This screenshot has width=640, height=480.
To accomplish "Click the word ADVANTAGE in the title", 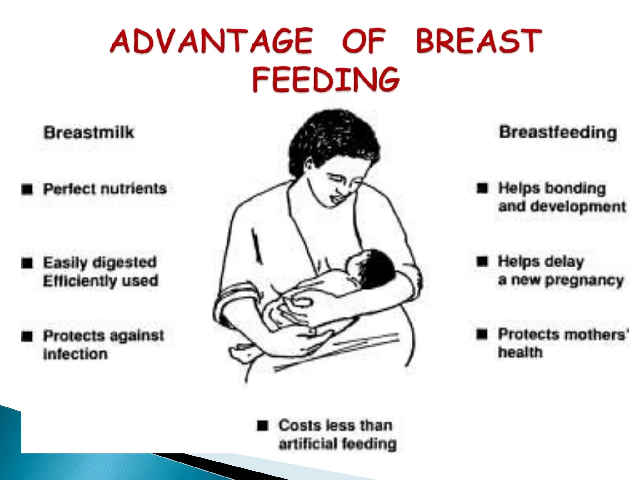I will coord(211,41).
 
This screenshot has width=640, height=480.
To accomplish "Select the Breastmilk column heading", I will coord(89,132).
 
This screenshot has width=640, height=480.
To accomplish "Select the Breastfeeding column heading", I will coord(558,132).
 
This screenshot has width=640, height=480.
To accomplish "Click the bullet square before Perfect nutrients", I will coord(27,189).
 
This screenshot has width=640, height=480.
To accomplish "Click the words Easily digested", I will coord(100,262).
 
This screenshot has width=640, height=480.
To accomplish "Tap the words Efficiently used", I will coord(101,281).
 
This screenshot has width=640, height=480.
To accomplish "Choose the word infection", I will coord(75,354).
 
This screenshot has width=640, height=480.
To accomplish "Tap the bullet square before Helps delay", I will coord(482,261).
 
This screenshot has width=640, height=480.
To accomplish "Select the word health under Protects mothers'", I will coord(520,352).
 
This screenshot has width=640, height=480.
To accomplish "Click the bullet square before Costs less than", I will coord(263,426).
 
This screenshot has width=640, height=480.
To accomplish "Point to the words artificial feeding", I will coord(337,444).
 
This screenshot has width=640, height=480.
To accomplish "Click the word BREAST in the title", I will coord(478,41).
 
